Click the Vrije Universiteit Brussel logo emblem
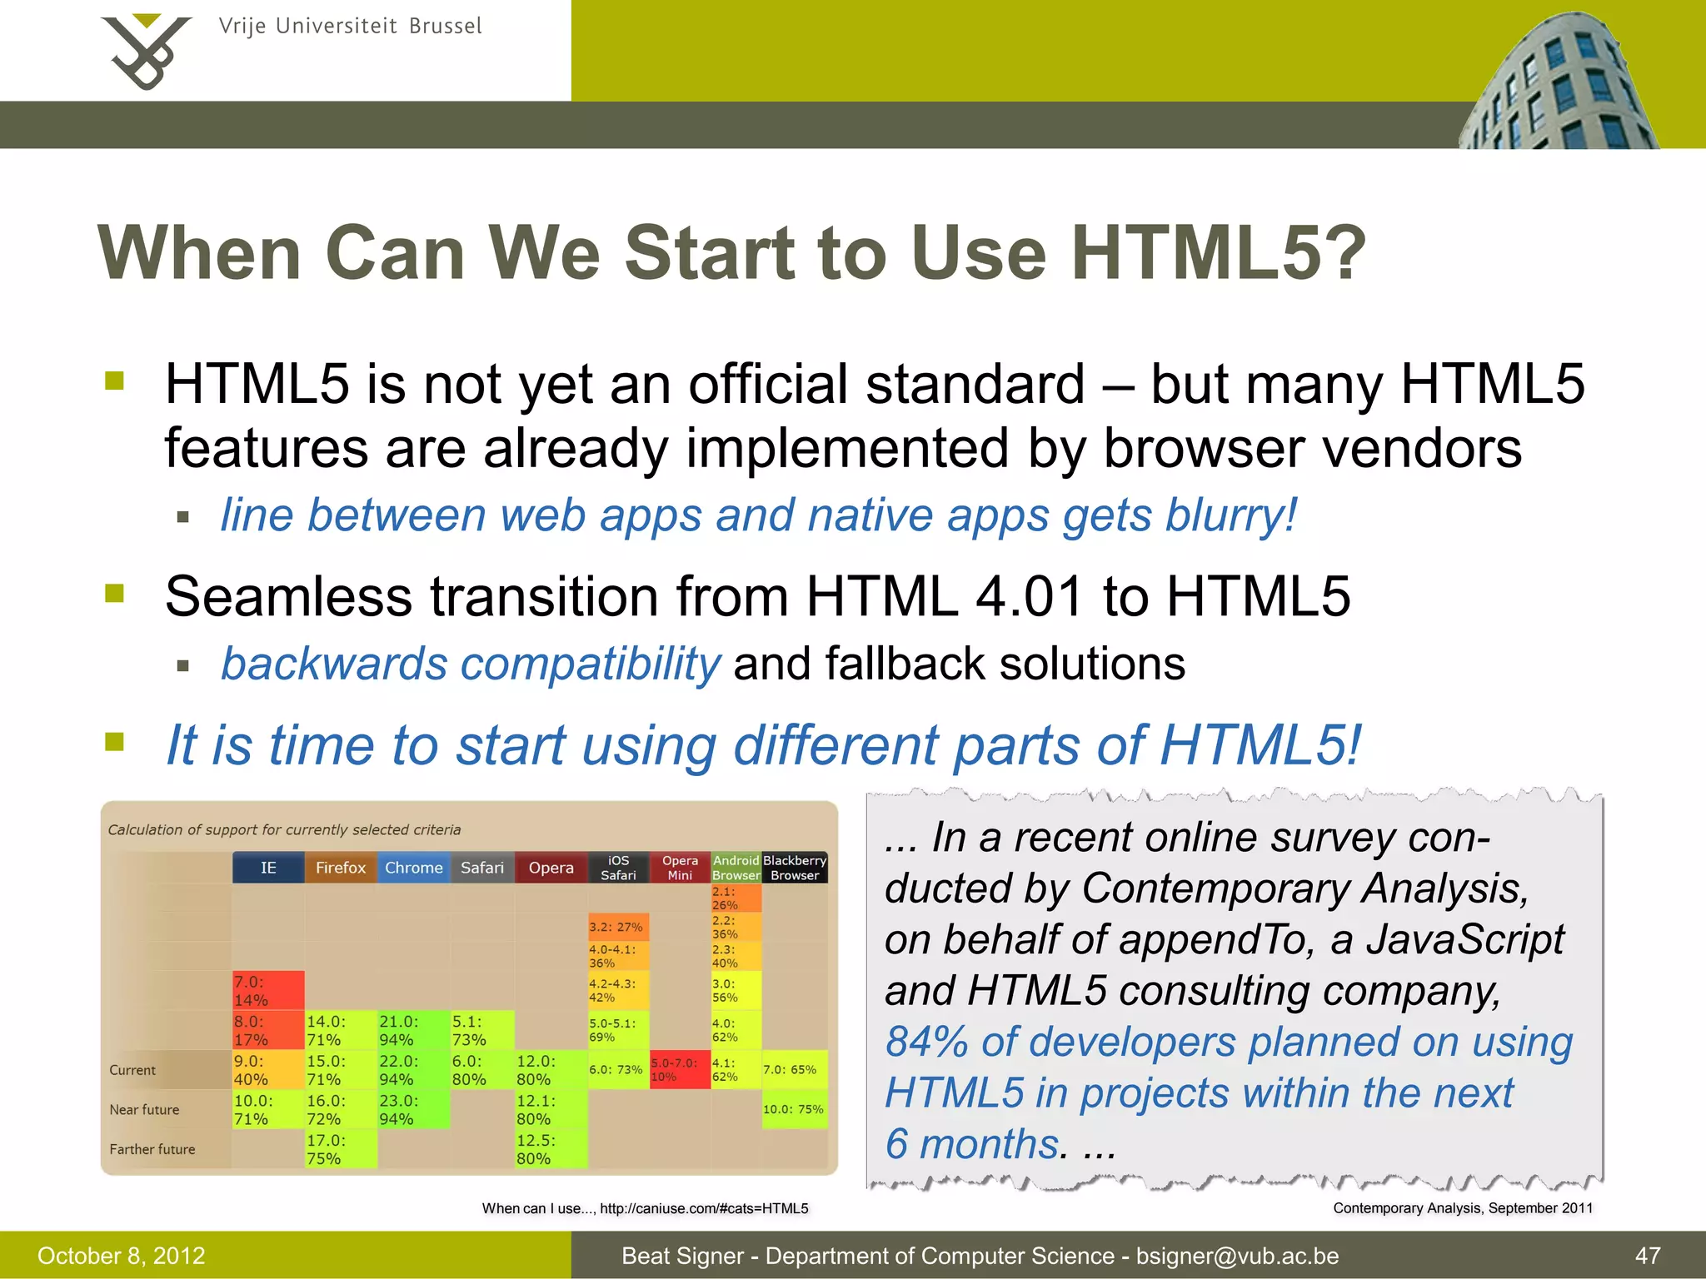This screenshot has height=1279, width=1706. (x=146, y=52)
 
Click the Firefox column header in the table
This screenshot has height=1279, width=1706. (x=340, y=868)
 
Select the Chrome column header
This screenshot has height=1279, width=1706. (x=413, y=868)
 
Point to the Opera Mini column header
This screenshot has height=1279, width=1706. (x=680, y=868)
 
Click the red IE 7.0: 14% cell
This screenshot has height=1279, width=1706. (x=267, y=990)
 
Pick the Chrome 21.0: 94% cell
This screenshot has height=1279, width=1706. (x=412, y=1030)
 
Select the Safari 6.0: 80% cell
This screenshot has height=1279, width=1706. (x=481, y=1070)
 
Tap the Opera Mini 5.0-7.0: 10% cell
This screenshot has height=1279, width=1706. (x=679, y=1070)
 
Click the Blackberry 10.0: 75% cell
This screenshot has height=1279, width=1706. (x=794, y=1109)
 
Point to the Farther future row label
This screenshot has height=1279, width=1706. (x=152, y=1149)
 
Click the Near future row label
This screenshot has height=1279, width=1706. (x=144, y=1110)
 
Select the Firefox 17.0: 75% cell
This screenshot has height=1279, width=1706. (x=340, y=1149)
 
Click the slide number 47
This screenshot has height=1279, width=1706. (x=1647, y=1256)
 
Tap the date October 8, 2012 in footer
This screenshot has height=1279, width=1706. (x=122, y=1256)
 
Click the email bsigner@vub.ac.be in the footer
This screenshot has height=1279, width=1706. (x=1237, y=1256)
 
